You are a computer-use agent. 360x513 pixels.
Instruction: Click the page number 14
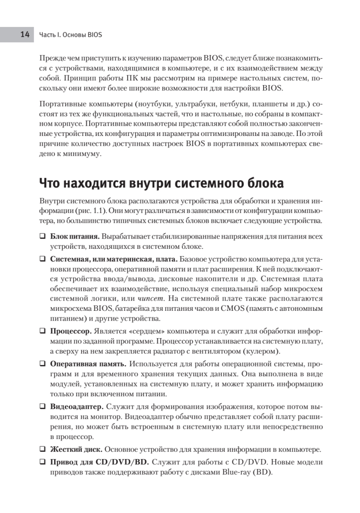tap(24, 35)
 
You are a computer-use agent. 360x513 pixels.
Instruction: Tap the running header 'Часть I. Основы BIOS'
tap(71, 35)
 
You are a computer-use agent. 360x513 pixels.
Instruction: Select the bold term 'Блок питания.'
tap(75, 236)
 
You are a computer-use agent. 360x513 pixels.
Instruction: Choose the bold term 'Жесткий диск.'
tap(76, 449)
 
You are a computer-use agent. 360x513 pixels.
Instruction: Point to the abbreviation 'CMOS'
tap(232, 308)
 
